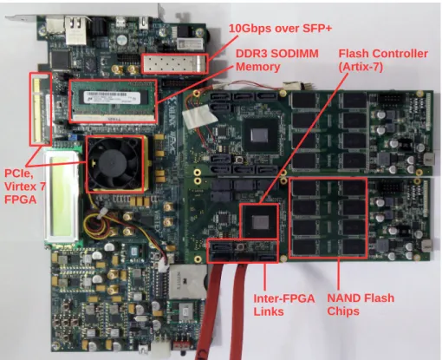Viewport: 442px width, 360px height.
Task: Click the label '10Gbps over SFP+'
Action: (x=280, y=29)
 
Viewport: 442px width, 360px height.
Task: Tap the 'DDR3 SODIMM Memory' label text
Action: (x=277, y=60)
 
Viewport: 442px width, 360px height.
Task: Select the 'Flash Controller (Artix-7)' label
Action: (x=383, y=60)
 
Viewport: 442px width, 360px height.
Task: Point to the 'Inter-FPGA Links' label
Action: (x=284, y=304)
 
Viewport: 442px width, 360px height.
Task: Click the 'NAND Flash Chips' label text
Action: (x=361, y=304)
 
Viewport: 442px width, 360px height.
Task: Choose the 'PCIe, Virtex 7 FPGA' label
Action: (x=25, y=187)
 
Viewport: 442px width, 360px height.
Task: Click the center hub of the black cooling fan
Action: (x=114, y=163)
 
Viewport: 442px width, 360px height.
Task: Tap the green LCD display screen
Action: (x=62, y=195)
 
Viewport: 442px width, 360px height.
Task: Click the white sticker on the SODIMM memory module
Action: (x=112, y=97)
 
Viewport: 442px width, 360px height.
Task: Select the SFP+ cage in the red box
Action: (x=174, y=63)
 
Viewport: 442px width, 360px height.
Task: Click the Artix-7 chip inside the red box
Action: (x=260, y=222)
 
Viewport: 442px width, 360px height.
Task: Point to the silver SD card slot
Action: (x=187, y=282)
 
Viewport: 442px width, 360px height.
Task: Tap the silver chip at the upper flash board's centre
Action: (x=259, y=135)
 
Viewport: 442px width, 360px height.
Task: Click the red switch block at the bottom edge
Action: (x=181, y=345)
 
